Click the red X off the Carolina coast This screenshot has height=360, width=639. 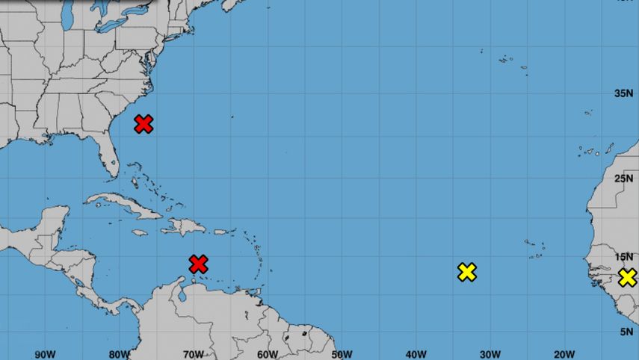point(143,124)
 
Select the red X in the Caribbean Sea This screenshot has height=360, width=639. point(198,264)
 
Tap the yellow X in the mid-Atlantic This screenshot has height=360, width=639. point(467,272)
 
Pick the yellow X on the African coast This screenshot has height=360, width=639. point(628,278)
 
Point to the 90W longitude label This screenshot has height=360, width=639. point(46,354)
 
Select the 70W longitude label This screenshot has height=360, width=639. point(194,354)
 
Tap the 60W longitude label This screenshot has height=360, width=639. point(268,354)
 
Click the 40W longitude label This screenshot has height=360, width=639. point(416,354)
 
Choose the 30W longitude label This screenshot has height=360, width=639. point(490,354)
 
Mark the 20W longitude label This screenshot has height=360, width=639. point(564,354)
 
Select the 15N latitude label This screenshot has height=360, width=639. point(624,257)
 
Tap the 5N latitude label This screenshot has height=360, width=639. point(628,332)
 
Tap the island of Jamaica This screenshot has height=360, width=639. point(139,232)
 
